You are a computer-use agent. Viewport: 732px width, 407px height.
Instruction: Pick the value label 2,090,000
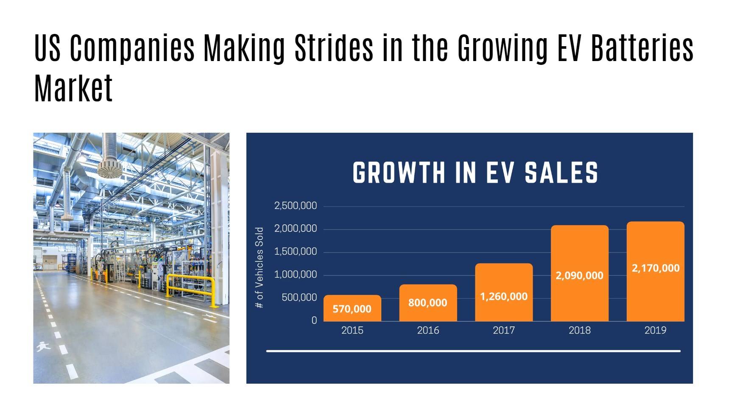579,276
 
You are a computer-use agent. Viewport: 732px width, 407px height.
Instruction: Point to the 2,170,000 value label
655,268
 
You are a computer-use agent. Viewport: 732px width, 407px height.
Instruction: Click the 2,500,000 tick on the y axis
296,206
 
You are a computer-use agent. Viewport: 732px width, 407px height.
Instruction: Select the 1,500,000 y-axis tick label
296,252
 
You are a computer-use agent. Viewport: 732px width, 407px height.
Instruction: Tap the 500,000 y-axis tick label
299,298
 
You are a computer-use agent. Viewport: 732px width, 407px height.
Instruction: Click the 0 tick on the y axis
314,321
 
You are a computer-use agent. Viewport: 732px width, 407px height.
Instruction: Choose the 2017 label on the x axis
504,330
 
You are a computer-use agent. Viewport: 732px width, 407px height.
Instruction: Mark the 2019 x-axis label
655,330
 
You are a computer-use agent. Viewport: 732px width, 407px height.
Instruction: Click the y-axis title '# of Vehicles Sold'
260,268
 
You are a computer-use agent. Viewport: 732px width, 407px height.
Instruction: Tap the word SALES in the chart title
561,173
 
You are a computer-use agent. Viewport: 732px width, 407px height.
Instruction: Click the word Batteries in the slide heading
642,47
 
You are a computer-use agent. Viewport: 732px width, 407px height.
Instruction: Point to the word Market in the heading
73,88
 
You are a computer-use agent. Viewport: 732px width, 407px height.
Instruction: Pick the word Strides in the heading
334,47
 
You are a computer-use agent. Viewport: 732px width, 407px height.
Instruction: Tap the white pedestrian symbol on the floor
43,347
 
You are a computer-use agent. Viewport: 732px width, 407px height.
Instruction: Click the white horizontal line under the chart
473,351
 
